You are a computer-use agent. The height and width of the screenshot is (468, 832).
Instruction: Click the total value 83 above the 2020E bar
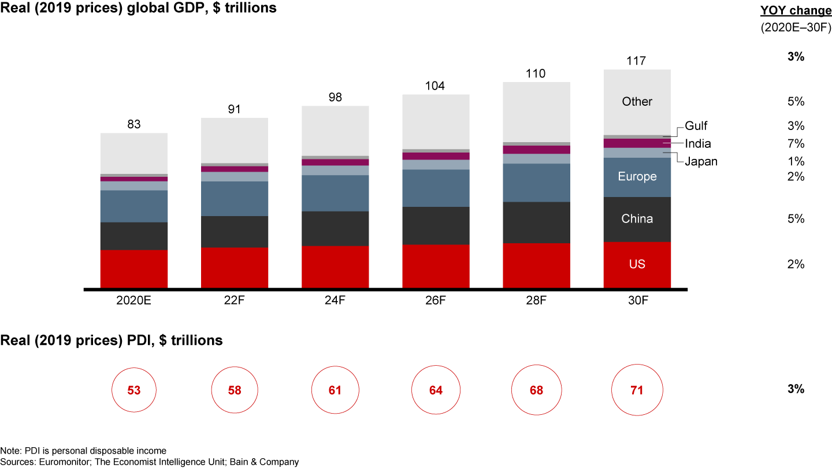pos(134,124)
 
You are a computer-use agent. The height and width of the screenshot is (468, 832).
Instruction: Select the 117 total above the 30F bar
pos(637,61)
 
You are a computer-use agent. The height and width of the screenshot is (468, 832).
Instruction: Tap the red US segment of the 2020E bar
pos(134,269)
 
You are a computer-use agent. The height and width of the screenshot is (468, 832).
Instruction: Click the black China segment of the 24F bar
pos(335,228)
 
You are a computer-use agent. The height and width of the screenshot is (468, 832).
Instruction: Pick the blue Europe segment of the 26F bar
pos(436,188)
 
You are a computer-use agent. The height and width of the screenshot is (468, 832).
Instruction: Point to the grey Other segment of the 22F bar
pos(235,140)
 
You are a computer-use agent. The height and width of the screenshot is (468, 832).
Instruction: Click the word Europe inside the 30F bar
pos(637,177)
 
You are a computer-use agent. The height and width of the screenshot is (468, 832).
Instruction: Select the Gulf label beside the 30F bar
pos(696,126)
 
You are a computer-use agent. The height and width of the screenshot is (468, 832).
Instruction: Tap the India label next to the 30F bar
pos(698,144)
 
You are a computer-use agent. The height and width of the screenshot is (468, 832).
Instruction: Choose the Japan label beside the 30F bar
pos(701,162)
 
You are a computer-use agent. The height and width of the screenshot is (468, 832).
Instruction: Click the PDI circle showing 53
pos(134,391)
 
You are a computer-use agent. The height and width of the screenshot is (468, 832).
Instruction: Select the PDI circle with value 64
pos(436,391)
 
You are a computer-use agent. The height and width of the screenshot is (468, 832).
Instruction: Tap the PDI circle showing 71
pos(637,391)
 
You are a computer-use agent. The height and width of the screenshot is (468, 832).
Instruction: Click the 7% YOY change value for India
pos(796,144)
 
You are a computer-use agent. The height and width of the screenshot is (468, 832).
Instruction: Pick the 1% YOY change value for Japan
pos(796,161)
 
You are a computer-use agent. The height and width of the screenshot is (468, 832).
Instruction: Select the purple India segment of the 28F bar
pos(536,150)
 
